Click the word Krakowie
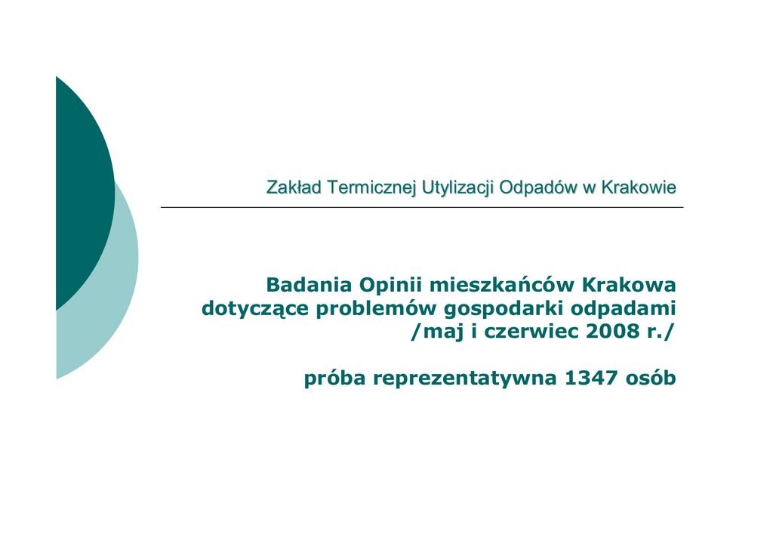639,187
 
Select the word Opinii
392,286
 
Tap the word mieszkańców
502,285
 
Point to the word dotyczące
255,309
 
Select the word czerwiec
531,331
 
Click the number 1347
591,379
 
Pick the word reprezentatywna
465,379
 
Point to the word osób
651,378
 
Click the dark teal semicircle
84,193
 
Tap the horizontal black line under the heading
422,208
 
